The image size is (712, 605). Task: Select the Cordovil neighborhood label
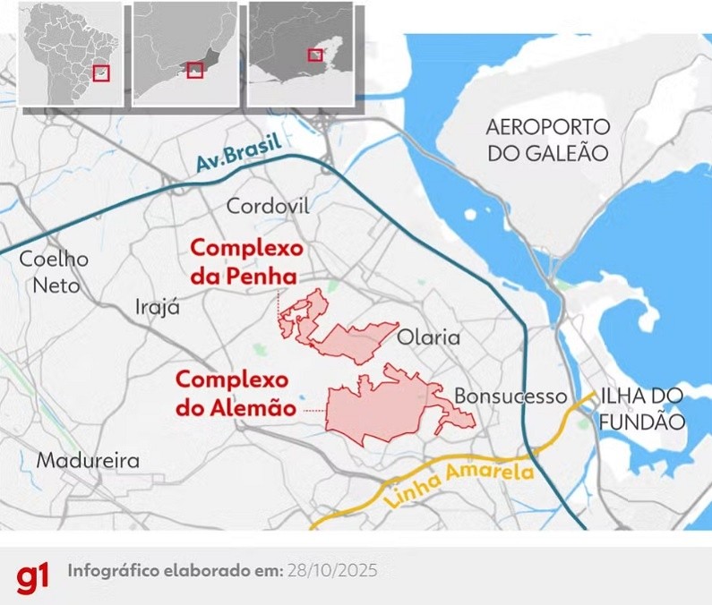click(268, 207)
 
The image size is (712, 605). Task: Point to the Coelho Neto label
click(55, 272)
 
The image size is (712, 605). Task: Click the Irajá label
click(158, 306)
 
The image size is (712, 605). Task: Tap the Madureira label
click(88, 461)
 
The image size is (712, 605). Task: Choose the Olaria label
click(428, 338)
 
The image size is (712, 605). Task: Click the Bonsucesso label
click(510, 396)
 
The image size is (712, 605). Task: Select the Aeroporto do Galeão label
click(548, 139)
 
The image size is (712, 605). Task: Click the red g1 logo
click(33, 578)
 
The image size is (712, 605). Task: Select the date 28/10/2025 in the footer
click(333, 570)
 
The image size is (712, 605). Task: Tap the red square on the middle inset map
click(195, 70)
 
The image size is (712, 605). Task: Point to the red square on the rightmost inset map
click(314, 55)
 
